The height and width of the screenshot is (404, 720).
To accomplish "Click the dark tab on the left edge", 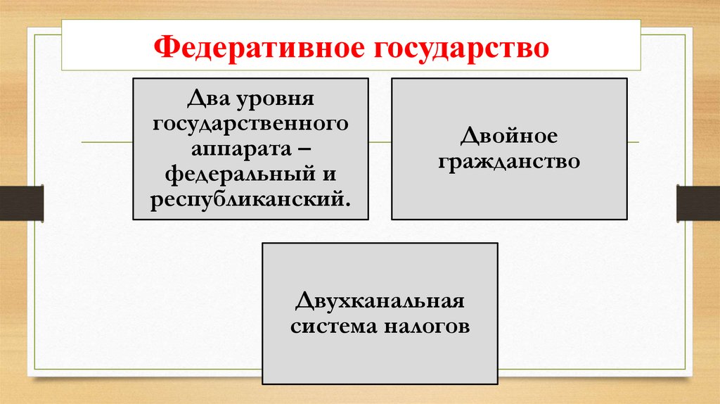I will [21, 202].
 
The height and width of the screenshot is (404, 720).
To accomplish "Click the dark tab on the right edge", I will [698, 202].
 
